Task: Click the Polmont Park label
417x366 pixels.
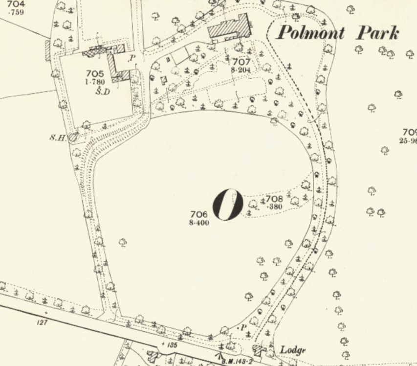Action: pos(337,33)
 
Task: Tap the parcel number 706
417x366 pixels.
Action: pos(201,214)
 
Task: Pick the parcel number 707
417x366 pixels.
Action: pos(241,62)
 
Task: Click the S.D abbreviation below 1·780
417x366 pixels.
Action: pos(101,91)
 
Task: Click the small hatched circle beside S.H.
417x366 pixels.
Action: pos(72,138)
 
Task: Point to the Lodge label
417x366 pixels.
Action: pos(293,350)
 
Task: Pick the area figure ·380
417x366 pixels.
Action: pos(274,206)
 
